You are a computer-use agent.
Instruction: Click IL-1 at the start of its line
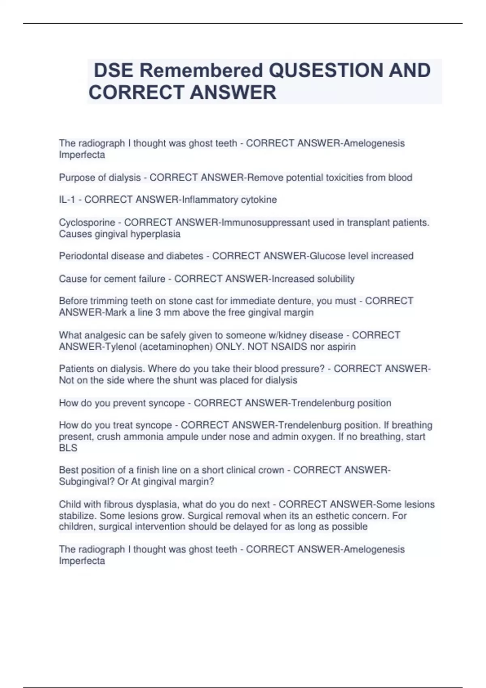pyautogui.click(x=67, y=200)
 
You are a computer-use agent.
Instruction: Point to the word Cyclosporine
pyautogui.click(x=87, y=223)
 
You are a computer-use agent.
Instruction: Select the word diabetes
pyautogui.click(x=185, y=256)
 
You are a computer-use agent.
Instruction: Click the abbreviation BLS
pyautogui.click(x=68, y=448)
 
